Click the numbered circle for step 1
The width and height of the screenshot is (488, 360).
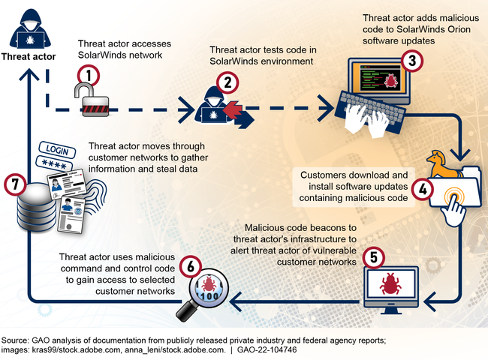pos(89,75)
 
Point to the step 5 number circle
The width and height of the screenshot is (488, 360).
pos(373,256)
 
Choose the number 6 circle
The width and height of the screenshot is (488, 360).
pos(191,265)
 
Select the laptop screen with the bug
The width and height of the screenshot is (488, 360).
pos(382,77)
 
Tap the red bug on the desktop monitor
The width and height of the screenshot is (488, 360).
pos(390,283)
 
